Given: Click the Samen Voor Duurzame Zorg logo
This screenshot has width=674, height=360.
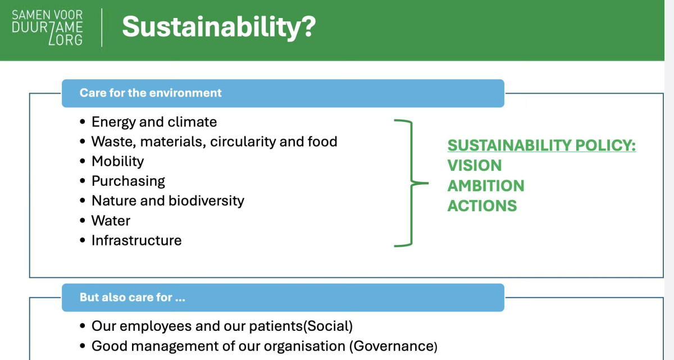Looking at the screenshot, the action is click(x=47, y=28).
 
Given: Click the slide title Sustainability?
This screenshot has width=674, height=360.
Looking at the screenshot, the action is click(x=219, y=27).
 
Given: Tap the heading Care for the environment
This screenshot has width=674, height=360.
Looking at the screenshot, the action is click(x=151, y=93).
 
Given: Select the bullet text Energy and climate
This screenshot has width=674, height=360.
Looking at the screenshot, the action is click(x=154, y=122).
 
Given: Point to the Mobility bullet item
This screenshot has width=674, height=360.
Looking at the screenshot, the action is click(x=117, y=162).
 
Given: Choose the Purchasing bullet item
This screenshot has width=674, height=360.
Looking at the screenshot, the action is click(x=128, y=181).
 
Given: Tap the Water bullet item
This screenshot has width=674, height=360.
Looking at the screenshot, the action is click(x=111, y=221).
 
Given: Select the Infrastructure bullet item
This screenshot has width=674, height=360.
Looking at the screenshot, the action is click(x=136, y=240).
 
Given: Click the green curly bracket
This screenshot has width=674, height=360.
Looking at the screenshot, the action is click(x=411, y=183).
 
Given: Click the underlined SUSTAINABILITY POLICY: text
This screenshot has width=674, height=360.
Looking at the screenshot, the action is click(x=541, y=145).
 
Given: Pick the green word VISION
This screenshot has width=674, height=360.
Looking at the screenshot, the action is click(x=475, y=166).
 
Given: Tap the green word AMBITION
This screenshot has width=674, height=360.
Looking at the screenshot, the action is click(x=486, y=185).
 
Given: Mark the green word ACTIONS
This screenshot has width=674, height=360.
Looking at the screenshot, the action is click(x=482, y=206).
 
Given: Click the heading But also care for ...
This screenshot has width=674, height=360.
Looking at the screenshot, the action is click(x=132, y=297).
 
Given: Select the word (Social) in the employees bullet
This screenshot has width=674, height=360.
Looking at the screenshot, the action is click(x=327, y=326).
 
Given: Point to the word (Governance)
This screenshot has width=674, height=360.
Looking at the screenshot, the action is click(x=393, y=346).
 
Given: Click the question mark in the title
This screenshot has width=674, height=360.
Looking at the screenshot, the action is click(x=307, y=26).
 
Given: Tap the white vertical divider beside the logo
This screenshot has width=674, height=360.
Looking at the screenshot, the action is click(x=102, y=28).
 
